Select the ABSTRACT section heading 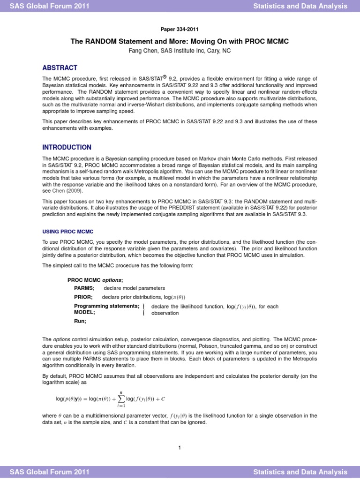[60, 67]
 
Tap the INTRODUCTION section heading [67, 147]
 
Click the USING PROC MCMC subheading [68, 232]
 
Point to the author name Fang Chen [142, 51]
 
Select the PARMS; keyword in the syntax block [84, 288]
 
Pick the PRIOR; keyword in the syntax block [83, 297]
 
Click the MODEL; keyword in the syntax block [84, 312]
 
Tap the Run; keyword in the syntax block [80, 322]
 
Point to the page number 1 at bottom [180, 448]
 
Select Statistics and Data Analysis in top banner [300, 6]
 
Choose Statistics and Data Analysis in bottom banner [300, 472]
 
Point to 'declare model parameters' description [134, 288]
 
